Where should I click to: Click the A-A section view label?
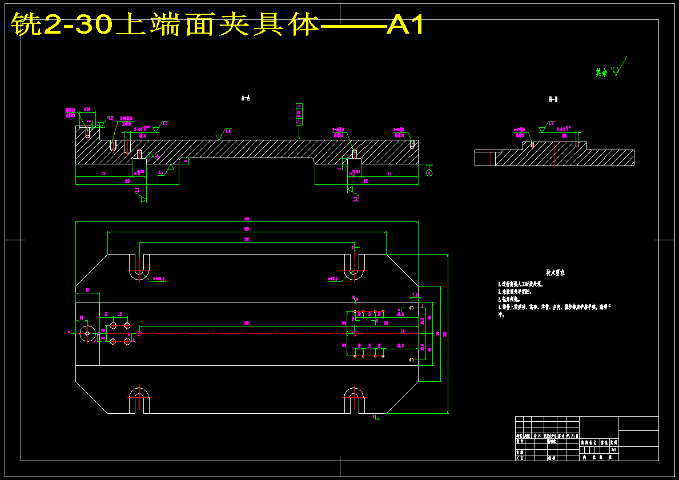246,98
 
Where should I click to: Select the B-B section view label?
553,100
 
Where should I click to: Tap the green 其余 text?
601,73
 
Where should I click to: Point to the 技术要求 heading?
555,273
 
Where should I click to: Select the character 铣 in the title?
25,25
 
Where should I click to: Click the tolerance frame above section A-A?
299,114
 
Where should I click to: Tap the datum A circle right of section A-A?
429,173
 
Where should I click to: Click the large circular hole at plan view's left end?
87,333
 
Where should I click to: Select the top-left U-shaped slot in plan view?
139,268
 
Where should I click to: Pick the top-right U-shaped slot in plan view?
354,268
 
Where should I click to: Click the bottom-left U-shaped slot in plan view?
139,400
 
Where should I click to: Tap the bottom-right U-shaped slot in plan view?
354,400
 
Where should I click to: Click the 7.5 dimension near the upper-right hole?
415,295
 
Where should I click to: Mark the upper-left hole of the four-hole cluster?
113,325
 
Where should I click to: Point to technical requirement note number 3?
511,299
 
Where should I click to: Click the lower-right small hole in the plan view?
412,360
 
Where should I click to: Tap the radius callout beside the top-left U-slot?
159,279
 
